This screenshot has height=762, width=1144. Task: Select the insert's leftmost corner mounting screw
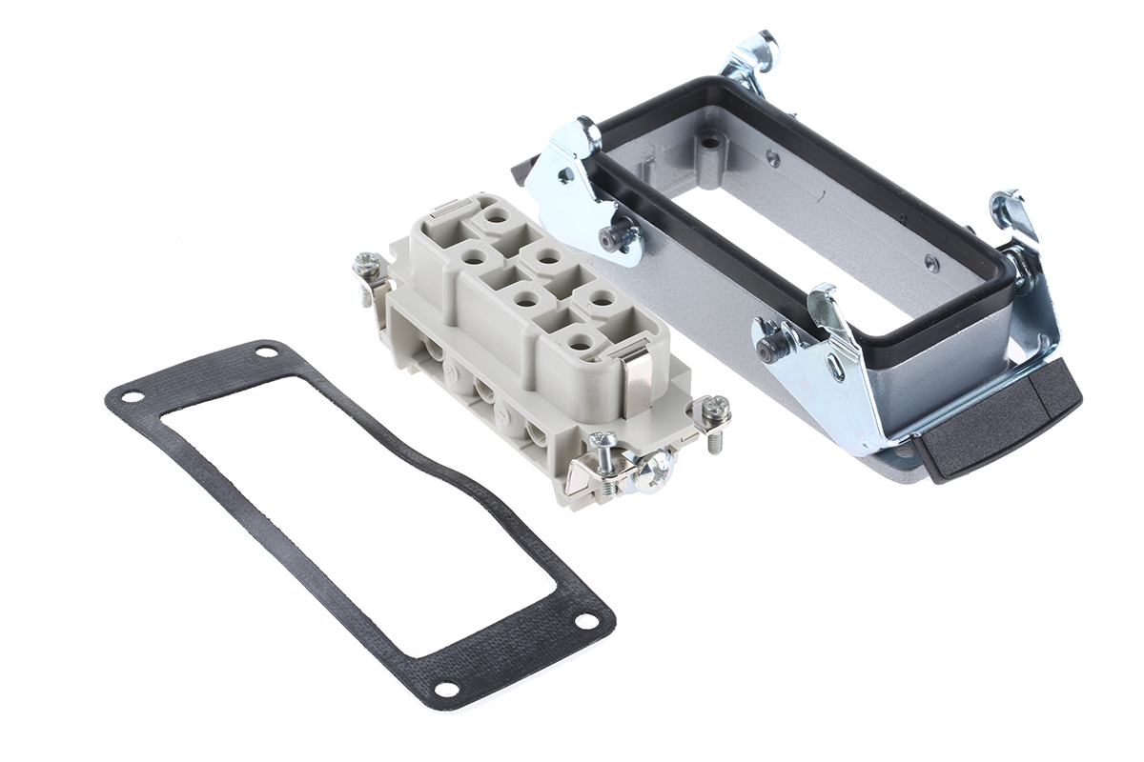point(366,268)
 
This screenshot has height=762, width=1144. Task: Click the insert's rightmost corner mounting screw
point(715,411)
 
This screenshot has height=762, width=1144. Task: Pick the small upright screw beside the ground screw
point(603,443)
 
